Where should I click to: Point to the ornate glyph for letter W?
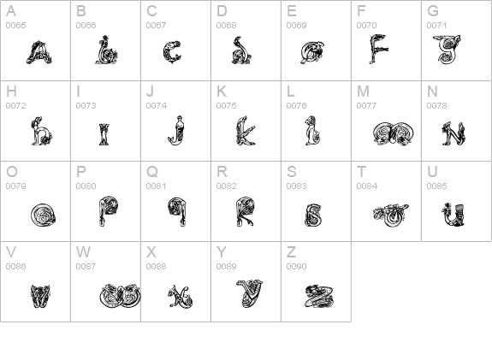119,296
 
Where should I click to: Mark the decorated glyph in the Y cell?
249,294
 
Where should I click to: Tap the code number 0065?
15,26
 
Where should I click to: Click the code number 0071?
436,26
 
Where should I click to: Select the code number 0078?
436,106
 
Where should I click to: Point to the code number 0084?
366,186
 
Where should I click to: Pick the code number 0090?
296,267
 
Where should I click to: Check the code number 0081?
156,186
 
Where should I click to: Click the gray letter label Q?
152,172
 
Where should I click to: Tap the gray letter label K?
222,91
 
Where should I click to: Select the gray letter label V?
11,252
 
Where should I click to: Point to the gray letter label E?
292,11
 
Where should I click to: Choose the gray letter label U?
432,172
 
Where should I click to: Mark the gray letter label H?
11,91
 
